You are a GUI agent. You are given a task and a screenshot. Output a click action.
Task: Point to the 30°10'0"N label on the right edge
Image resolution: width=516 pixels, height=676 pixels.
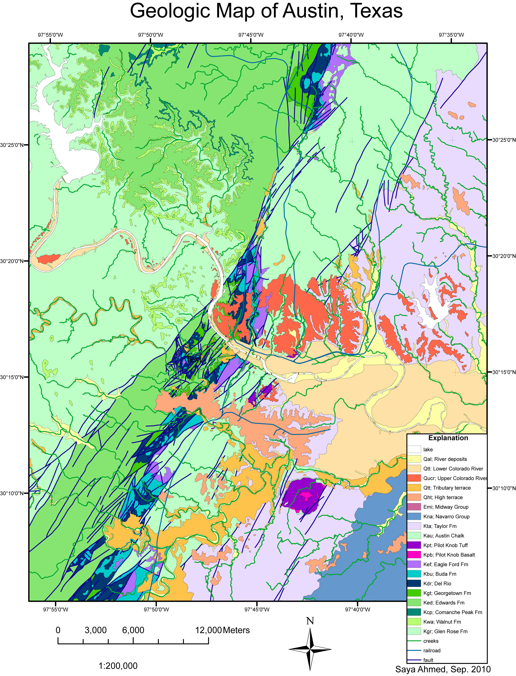(x=504, y=488)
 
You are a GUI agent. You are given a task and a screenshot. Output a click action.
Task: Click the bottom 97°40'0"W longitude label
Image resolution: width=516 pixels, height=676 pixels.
(x=358, y=609)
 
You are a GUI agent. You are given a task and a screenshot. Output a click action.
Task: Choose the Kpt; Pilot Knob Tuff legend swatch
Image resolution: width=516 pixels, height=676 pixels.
(x=414, y=545)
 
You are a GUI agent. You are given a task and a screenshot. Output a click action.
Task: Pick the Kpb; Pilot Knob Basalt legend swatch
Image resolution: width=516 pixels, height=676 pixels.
(x=414, y=555)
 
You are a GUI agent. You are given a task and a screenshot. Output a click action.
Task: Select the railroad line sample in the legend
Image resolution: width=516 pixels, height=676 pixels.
(x=414, y=650)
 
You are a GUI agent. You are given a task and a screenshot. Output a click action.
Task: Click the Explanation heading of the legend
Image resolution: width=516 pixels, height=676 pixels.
(x=448, y=438)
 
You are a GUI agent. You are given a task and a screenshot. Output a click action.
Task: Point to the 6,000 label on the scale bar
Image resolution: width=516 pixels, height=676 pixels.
(x=133, y=630)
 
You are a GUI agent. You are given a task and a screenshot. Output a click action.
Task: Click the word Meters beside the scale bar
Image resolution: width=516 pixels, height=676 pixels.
(x=236, y=630)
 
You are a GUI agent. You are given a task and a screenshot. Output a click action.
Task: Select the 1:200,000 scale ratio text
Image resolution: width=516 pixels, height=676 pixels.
(x=118, y=666)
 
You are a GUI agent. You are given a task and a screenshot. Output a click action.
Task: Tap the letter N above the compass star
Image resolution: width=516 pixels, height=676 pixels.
(x=310, y=621)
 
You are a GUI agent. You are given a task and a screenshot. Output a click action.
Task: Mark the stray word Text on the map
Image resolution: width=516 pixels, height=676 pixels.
(x=193, y=359)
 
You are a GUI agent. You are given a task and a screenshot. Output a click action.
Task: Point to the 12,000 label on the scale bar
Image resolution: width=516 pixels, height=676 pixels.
(x=208, y=630)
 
